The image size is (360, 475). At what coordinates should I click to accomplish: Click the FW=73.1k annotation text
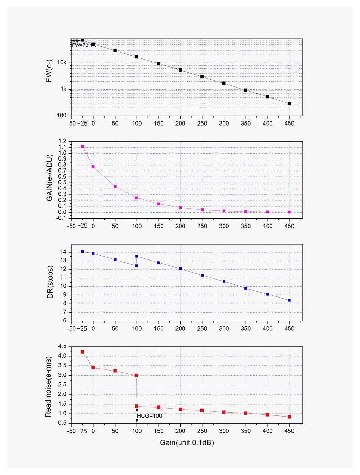tap(83, 45)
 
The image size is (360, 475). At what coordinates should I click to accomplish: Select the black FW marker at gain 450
tap(289, 103)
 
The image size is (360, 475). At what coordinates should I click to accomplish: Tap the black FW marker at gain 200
tap(180, 70)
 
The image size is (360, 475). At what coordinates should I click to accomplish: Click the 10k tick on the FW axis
tap(62, 63)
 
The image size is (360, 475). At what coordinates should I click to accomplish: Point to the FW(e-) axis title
tap(49, 71)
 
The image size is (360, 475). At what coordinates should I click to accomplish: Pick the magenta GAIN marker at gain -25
tap(82, 147)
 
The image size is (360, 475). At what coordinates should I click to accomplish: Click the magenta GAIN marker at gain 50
tap(115, 186)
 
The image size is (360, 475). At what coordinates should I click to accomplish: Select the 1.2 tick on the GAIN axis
tap(62, 141)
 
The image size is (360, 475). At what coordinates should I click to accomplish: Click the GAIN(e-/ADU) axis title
tap(49, 178)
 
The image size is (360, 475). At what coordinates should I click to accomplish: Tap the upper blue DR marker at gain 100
tap(137, 256)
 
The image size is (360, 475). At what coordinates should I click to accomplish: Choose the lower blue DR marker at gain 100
tap(136, 266)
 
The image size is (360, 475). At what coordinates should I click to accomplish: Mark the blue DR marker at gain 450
tap(289, 300)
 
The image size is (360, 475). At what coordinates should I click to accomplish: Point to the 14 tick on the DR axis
tap(63, 252)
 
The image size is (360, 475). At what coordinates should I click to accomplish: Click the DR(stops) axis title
tap(51, 282)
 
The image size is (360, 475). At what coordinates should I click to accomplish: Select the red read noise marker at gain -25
tap(82, 352)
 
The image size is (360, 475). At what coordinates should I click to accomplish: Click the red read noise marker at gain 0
tap(93, 367)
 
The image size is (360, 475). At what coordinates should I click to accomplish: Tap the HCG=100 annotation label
tap(150, 416)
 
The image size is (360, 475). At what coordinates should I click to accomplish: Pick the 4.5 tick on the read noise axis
tap(62, 346)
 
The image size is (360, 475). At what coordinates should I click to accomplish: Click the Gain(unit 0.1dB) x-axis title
tap(187, 442)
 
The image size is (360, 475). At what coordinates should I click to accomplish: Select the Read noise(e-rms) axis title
tap(48, 386)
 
